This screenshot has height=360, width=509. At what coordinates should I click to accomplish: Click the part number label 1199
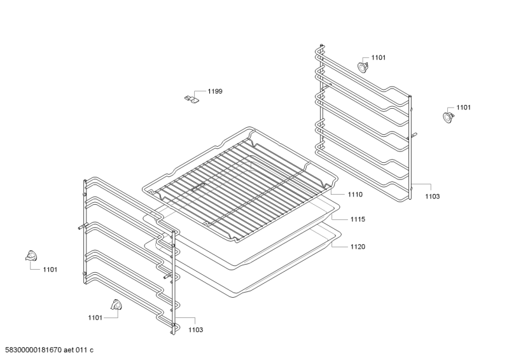tap(214, 92)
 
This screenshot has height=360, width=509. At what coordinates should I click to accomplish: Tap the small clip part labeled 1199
tap(192, 99)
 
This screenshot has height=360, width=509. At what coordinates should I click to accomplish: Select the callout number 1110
tap(356, 195)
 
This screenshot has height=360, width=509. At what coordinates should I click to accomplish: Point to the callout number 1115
tap(357, 219)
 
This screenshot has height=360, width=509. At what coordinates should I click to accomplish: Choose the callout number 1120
tap(357, 246)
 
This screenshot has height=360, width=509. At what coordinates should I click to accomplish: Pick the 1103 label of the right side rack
tap(432, 197)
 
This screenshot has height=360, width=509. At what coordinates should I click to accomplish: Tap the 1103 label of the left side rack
tap(195, 329)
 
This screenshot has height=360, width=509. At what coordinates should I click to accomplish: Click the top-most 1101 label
tap(378, 58)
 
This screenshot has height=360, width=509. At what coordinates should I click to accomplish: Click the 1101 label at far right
tap(463, 107)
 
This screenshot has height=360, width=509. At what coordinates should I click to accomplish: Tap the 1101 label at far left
tap(50, 270)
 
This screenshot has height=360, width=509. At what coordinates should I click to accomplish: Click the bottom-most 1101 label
tap(95, 317)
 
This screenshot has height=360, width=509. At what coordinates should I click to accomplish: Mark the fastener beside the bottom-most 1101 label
tap(116, 306)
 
